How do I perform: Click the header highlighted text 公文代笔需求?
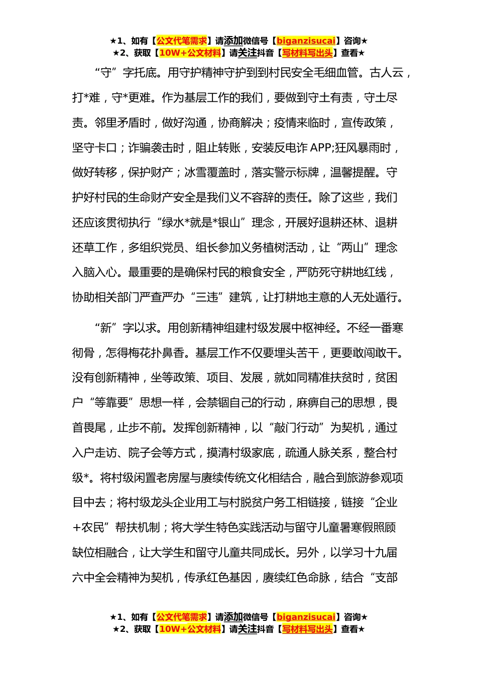pos(182,41)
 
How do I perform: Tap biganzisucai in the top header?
pos(306,41)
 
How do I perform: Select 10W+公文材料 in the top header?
pos(190,53)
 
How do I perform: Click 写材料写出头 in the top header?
pos(307,53)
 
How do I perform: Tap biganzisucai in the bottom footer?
pos(306,617)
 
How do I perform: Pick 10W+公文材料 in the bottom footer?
pos(190,629)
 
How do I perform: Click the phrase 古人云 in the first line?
pos(386,73)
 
